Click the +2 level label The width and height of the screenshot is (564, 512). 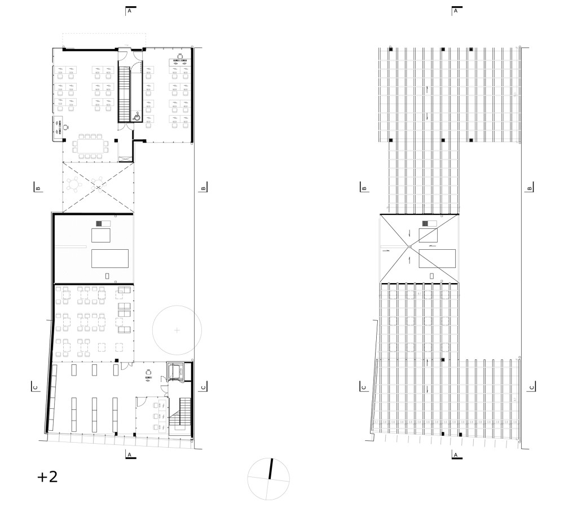(47, 477)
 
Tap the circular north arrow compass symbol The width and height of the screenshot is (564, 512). (269, 478)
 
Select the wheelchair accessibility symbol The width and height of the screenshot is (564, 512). (136, 117)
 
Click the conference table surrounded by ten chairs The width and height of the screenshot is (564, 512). (90, 145)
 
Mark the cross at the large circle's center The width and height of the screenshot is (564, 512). (177, 329)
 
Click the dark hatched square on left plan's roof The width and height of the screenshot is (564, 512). (100, 224)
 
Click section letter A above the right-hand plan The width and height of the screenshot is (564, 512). (455, 11)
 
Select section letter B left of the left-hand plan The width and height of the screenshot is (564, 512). (38, 188)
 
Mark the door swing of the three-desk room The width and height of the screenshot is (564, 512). (140, 401)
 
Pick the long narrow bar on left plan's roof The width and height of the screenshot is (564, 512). (69, 247)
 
